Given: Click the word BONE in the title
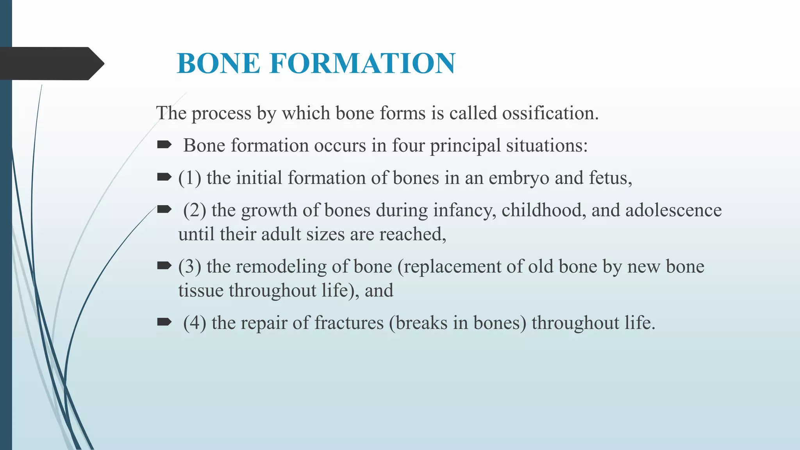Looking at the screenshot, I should [x=218, y=63].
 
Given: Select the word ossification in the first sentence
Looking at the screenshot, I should [x=550, y=113].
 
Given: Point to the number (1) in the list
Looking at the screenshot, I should [x=190, y=178].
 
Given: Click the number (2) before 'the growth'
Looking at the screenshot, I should [x=195, y=211].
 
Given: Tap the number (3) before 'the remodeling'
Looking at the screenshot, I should [x=190, y=267].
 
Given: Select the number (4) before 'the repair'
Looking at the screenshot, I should [x=195, y=323].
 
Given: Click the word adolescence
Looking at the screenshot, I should [x=673, y=211].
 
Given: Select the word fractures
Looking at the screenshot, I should [x=349, y=323].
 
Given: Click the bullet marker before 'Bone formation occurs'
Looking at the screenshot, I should [x=164, y=145].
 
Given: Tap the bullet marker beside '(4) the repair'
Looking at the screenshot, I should [x=164, y=322].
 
